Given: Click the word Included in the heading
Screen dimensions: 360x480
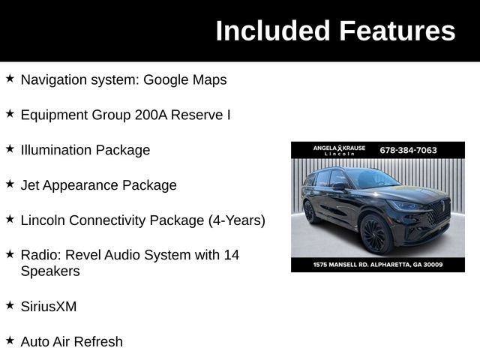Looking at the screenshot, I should [x=273, y=31].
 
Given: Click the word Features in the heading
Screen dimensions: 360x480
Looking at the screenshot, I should [x=397, y=31].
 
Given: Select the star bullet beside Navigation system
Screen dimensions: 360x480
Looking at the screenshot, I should [x=10, y=78].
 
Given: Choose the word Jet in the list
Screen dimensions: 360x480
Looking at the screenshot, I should [x=31, y=185].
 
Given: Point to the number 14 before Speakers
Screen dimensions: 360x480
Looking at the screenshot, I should [x=231, y=255].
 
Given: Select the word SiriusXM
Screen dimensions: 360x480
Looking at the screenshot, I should [x=49, y=307].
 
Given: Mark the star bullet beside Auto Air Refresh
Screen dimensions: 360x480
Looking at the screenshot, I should [x=10, y=340].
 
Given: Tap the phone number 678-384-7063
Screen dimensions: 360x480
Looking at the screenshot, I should [x=408, y=150].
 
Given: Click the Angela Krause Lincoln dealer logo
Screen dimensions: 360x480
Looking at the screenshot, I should [x=339, y=150].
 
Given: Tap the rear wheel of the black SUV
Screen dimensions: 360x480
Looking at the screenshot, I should [x=310, y=212].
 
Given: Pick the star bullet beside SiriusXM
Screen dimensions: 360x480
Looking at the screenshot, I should [x=10, y=304].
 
